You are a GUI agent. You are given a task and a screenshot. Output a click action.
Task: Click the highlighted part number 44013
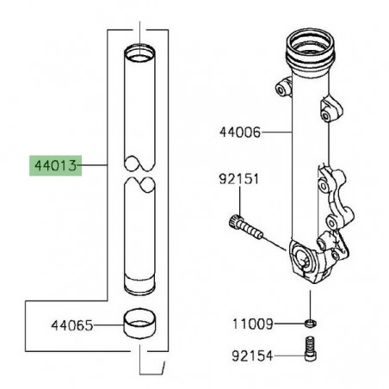pos(53,164)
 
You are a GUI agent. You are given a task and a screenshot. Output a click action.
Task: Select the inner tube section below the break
pos(142,241)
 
